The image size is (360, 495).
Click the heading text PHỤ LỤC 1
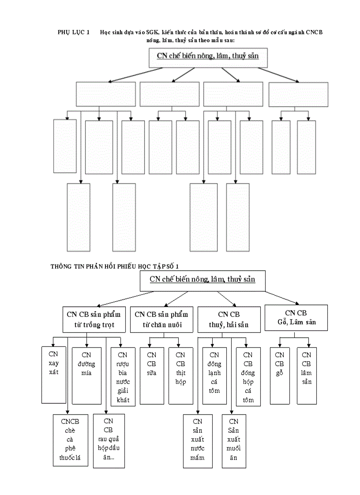(x=74, y=33)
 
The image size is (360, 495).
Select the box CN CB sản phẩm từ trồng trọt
(x=94, y=320)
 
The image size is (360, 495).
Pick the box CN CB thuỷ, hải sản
(x=229, y=320)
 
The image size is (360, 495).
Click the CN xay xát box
(x=54, y=375)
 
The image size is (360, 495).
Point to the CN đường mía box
(x=86, y=376)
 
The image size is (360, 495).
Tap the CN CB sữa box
(x=151, y=376)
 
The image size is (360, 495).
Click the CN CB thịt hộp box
(x=180, y=376)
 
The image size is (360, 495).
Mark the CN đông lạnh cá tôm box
(x=214, y=376)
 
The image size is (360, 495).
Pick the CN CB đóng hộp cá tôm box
(x=248, y=376)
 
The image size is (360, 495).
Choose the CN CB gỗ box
(x=280, y=376)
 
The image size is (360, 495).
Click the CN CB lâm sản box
(x=307, y=376)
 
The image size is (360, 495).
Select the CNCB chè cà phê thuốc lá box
(x=70, y=440)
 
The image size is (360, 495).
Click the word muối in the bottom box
(x=234, y=448)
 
